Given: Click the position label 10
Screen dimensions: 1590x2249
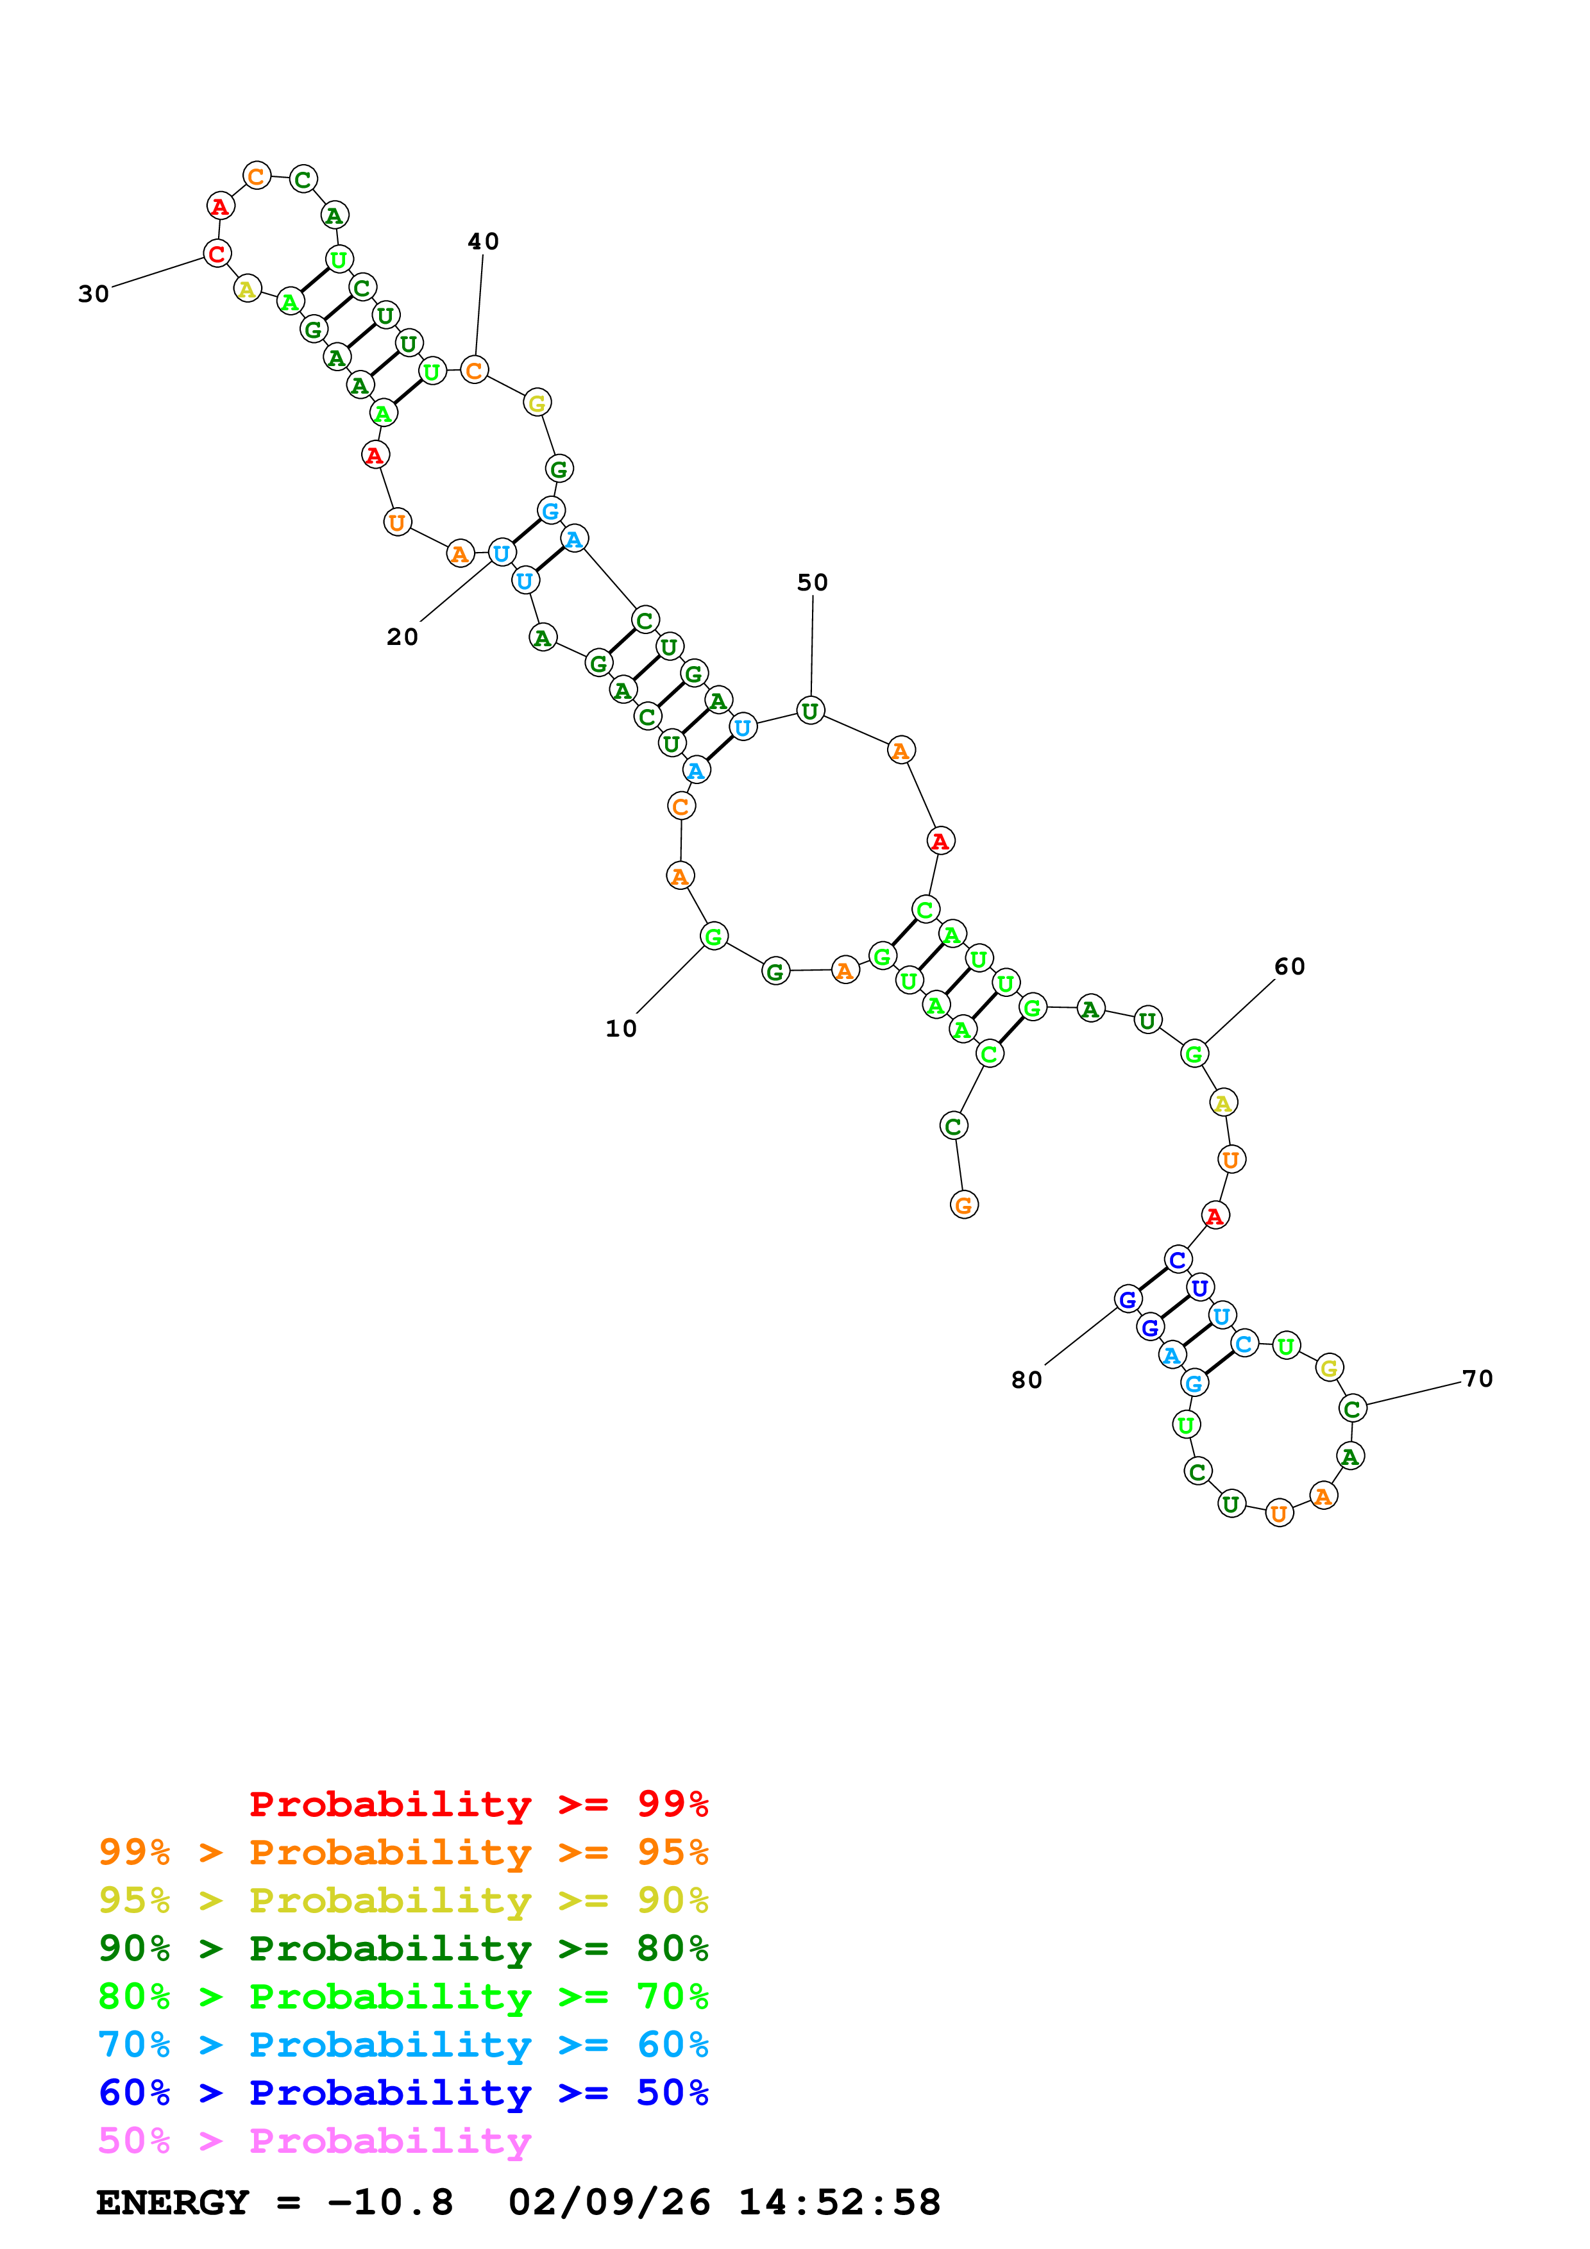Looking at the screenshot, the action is [x=621, y=1028].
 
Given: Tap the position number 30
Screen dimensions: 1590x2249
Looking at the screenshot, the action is [x=94, y=294].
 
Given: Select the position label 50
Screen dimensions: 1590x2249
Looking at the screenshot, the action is [x=812, y=583].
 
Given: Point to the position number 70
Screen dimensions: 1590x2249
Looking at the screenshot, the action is [x=1477, y=1379].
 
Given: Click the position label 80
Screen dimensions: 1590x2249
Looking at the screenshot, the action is [x=1027, y=1380].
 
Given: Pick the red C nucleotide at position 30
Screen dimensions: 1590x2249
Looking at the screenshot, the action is [x=217, y=254].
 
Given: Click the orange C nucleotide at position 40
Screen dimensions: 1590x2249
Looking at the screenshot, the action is [x=474, y=371].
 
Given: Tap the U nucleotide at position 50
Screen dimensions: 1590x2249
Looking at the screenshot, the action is [x=810, y=711].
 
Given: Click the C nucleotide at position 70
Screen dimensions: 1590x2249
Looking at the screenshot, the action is [x=1353, y=1409].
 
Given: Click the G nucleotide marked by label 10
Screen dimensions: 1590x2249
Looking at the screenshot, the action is [x=714, y=937].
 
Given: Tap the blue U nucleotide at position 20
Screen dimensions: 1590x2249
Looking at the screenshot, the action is [x=502, y=553].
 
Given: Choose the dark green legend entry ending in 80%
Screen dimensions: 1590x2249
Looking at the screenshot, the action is [x=403, y=1948].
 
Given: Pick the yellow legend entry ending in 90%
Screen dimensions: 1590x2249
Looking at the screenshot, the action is [x=403, y=1900].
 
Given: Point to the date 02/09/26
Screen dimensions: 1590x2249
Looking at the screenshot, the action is [x=609, y=2202].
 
